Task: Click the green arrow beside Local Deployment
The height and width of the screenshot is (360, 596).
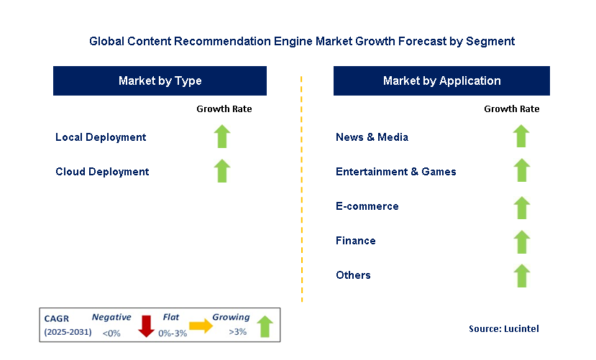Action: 222,137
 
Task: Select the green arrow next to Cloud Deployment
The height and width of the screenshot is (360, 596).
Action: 222,171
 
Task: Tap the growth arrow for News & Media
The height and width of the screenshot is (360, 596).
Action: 521,136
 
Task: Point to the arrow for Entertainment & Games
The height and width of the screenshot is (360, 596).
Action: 521,170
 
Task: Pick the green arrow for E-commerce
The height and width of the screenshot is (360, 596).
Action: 521,208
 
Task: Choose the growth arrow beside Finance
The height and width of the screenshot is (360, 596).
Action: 521,242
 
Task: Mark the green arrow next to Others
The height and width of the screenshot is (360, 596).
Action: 521,276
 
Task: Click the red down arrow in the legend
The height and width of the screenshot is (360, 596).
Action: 146,326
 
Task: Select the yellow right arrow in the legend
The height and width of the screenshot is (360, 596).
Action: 201,326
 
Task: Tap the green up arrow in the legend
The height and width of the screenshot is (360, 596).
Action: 265,326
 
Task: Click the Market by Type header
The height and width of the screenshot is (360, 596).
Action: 160,81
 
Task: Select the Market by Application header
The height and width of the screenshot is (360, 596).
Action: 441,81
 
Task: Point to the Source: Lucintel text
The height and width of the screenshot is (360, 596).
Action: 504,328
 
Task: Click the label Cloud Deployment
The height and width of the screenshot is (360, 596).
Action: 102,172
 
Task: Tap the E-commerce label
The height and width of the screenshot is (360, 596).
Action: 367,206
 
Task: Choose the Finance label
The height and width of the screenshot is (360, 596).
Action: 356,241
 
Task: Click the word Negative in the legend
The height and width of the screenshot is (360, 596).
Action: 111,318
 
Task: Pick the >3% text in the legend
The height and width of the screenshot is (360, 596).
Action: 237,332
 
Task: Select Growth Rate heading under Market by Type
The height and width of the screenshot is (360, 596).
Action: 224,109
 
